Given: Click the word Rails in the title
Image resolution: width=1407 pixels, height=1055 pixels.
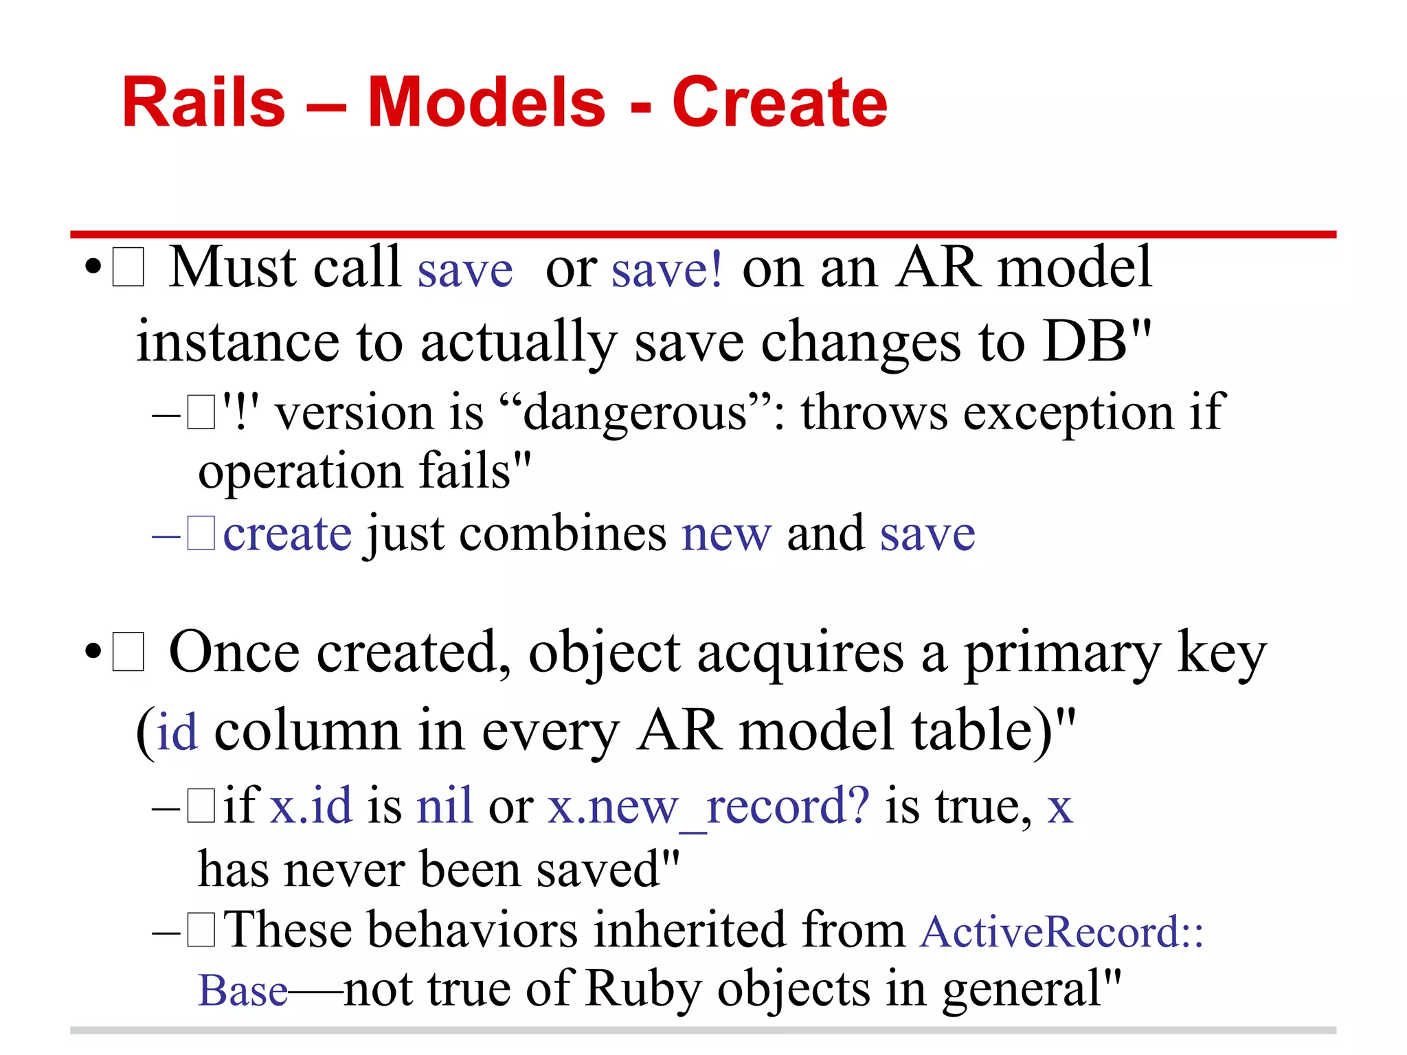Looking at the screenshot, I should (x=203, y=103).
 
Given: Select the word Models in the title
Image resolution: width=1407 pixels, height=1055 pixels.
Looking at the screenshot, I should (x=486, y=103).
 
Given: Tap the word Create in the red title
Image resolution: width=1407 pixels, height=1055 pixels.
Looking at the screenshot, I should (x=779, y=103).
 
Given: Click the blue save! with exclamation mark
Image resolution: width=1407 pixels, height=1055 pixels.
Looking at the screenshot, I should (x=666, y=269).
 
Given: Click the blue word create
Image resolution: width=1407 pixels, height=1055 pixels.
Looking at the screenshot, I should (x=287, y=534).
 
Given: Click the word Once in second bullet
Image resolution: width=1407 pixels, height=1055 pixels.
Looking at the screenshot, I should (x=234, y=653).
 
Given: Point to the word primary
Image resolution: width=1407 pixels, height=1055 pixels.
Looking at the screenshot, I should (x=1062, y=654).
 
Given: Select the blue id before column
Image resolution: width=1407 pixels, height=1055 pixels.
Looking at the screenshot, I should (x=177, y=732).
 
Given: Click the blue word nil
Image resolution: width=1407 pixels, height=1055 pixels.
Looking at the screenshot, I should (x=444, y=806).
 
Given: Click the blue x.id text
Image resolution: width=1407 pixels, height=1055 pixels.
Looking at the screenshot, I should (x=311, y=806).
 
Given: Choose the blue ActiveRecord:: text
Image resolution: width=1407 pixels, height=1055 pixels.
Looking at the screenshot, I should (x=1061, y=933).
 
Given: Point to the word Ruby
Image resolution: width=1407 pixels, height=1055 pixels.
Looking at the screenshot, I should (x=643, y=990).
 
